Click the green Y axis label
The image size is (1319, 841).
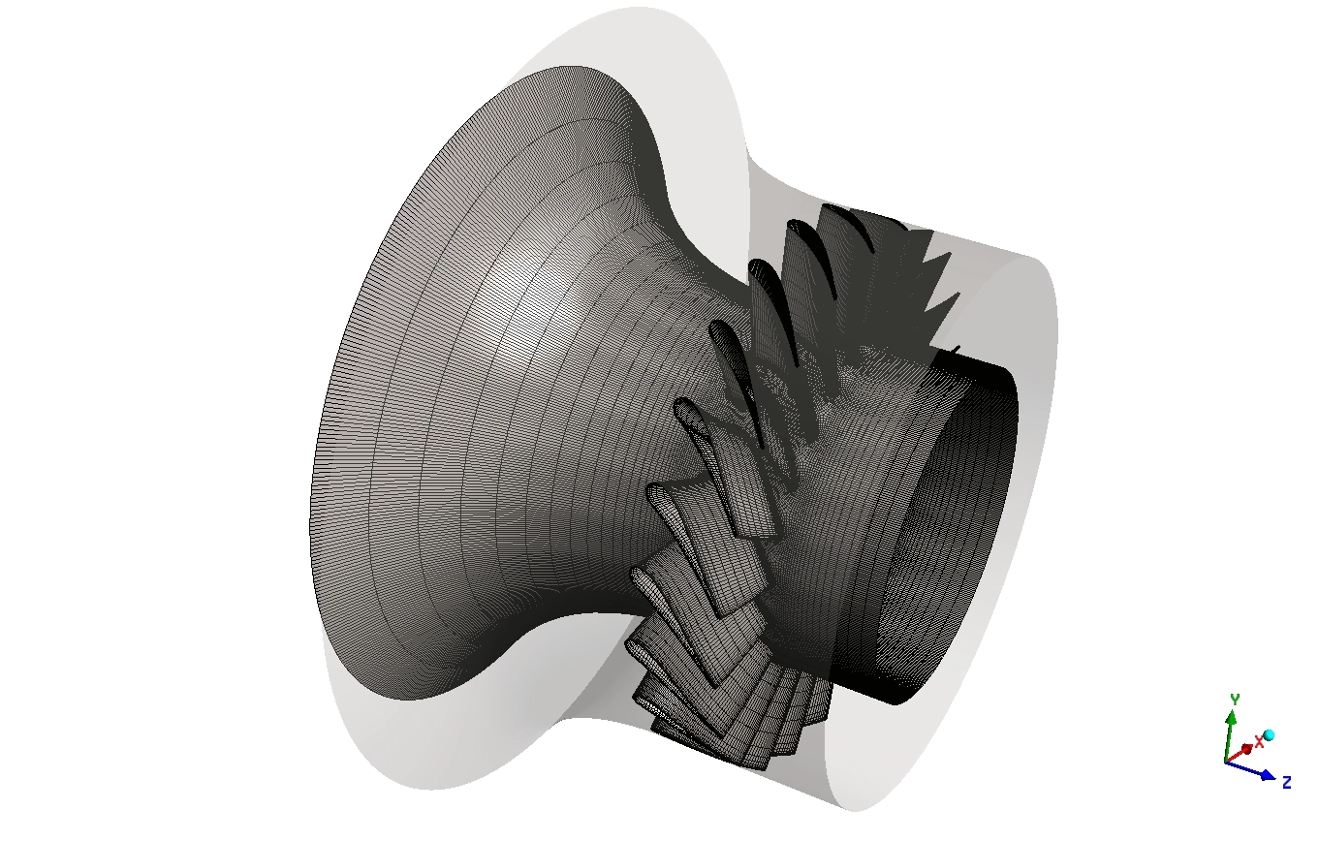click(1236, 700)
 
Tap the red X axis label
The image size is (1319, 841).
click(1260, 742)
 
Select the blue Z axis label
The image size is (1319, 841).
click(1287, 782)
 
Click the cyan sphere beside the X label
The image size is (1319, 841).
click(1269, 735)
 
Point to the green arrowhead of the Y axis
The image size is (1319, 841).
click(1231, 718)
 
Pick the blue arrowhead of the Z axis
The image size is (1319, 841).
click(1269, 776)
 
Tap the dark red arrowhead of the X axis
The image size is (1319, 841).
click(1246, 749)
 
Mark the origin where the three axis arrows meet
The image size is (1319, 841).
click(1226, 763)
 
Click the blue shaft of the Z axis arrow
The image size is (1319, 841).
click(1243, 768)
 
